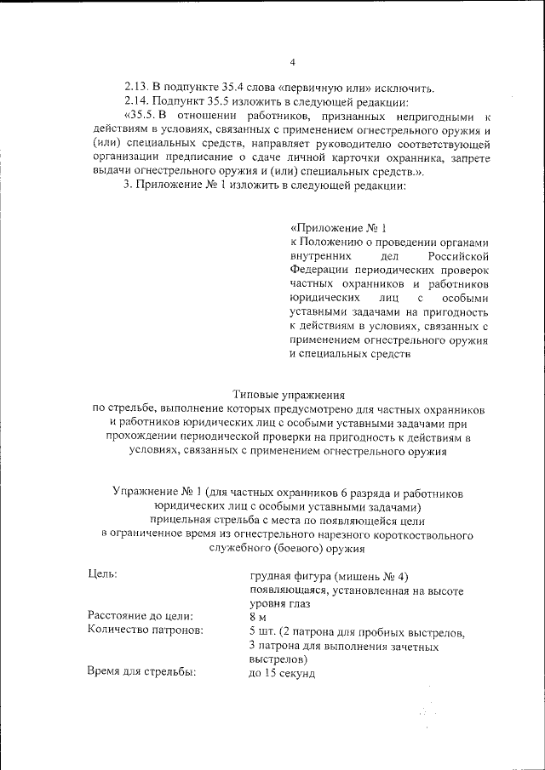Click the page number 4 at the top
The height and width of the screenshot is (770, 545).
291,62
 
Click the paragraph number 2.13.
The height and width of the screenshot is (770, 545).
136,88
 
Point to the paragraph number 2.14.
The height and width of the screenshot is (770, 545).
136,101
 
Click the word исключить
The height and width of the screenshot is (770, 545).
407,88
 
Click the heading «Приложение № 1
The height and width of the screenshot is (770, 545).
338,229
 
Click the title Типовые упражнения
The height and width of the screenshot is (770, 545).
288,395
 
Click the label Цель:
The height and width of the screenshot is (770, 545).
102,575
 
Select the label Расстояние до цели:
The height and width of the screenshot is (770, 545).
140,616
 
